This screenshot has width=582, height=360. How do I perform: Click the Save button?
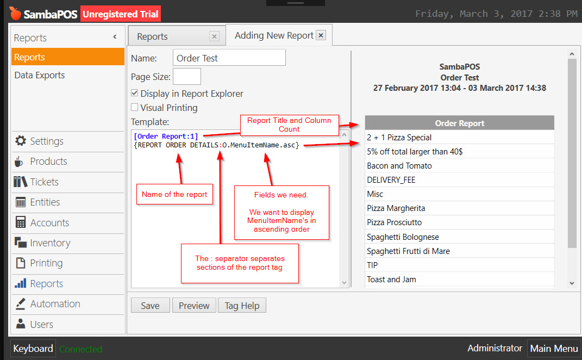tap(150, 306)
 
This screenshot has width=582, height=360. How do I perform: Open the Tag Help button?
tap(242, 306)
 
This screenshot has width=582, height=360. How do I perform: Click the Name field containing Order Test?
tap(229, 58)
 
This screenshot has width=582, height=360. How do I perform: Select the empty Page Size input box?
tap(187, 77)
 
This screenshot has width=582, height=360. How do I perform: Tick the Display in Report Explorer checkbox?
tap(135, 94)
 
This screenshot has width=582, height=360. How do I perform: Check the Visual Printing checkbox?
tap(135, 108)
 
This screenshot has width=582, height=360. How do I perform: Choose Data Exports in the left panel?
tap(40, 76)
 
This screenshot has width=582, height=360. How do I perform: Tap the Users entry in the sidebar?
tap(41, 325)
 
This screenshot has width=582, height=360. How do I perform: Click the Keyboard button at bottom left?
tap(33, 349)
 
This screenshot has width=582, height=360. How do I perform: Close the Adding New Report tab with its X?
tap(321, 36)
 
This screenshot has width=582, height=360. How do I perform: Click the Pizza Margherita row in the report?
tap(396, 208)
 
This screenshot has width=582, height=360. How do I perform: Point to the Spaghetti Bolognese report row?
tap(403, 237)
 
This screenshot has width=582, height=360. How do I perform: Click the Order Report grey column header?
tap(459, 123)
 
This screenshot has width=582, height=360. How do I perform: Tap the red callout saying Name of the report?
tap(174, 194)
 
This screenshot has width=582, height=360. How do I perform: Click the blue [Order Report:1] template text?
tap(166, 136)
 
